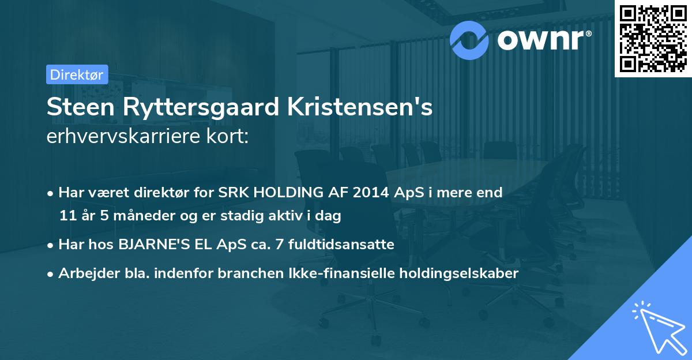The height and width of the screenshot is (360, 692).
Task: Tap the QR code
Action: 653,38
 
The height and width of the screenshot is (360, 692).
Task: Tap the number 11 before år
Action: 67,216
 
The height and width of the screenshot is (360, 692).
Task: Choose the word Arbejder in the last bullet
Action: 84,273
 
